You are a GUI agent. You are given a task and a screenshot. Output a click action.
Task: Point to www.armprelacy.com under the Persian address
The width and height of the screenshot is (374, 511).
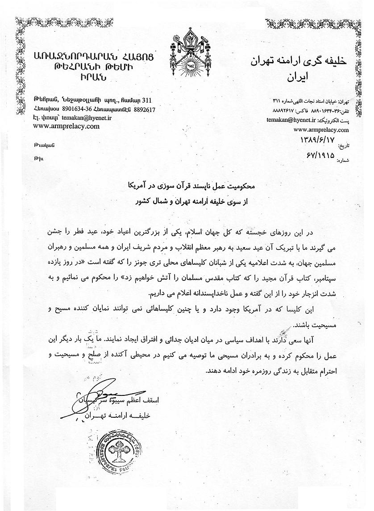pyautogui.click(x=321, y=130)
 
